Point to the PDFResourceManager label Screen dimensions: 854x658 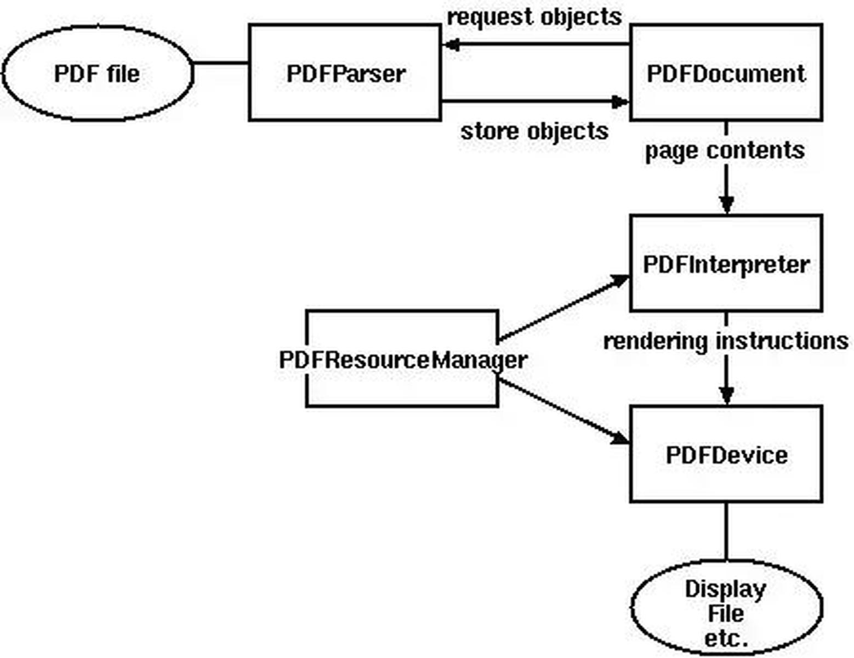point(403,360)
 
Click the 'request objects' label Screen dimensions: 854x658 point(534,18)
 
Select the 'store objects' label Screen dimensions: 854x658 point(534,131)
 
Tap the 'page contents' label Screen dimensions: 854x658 point(725,151)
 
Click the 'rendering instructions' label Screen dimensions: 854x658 point(726,341)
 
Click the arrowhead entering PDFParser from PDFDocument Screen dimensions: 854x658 point(451,44)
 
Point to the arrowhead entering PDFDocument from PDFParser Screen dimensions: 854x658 point(620,102)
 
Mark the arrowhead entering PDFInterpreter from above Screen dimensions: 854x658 point(726,205)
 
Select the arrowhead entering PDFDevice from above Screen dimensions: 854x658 point(726,395)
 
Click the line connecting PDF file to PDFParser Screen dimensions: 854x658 point(221,63)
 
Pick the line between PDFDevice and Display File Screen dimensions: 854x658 point(726,531)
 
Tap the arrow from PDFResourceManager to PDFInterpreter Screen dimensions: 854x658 point(563,308)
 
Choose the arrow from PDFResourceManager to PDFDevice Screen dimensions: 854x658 point(563,411)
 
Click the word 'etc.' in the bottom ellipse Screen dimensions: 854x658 point(726,639)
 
